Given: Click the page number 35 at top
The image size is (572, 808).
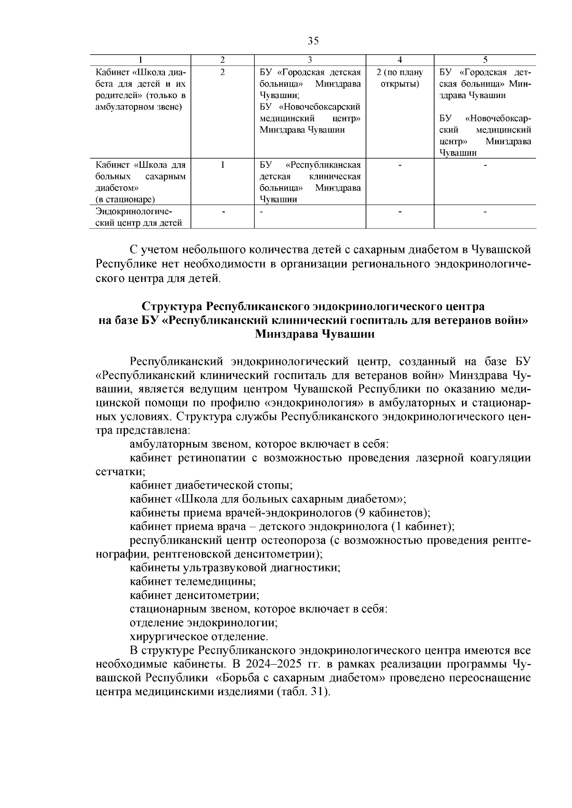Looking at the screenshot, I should point(313,40).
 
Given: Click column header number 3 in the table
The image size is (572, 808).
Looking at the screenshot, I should point(309,60).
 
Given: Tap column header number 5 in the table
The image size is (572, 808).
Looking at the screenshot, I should point(485,60).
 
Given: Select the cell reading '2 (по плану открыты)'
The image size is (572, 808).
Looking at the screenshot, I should point(399,79).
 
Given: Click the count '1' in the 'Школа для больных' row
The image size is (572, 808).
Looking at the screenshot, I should point(222,165).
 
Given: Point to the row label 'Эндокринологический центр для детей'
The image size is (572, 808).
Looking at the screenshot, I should point(139,217).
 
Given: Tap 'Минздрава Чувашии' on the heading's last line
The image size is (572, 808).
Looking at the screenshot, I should point(315,334).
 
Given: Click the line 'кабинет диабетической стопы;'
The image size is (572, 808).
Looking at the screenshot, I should point(211,486).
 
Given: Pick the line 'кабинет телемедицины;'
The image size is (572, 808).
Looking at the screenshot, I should point(193,582).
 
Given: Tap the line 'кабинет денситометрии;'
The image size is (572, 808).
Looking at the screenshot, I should point(194,596).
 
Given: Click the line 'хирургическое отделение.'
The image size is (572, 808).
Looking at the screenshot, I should point(199,637).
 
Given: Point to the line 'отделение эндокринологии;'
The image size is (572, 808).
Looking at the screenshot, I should point(204,623).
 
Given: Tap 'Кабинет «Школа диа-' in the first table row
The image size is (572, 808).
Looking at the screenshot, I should point(140,72).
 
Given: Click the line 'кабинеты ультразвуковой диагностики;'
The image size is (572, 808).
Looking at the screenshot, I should point(235,568).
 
